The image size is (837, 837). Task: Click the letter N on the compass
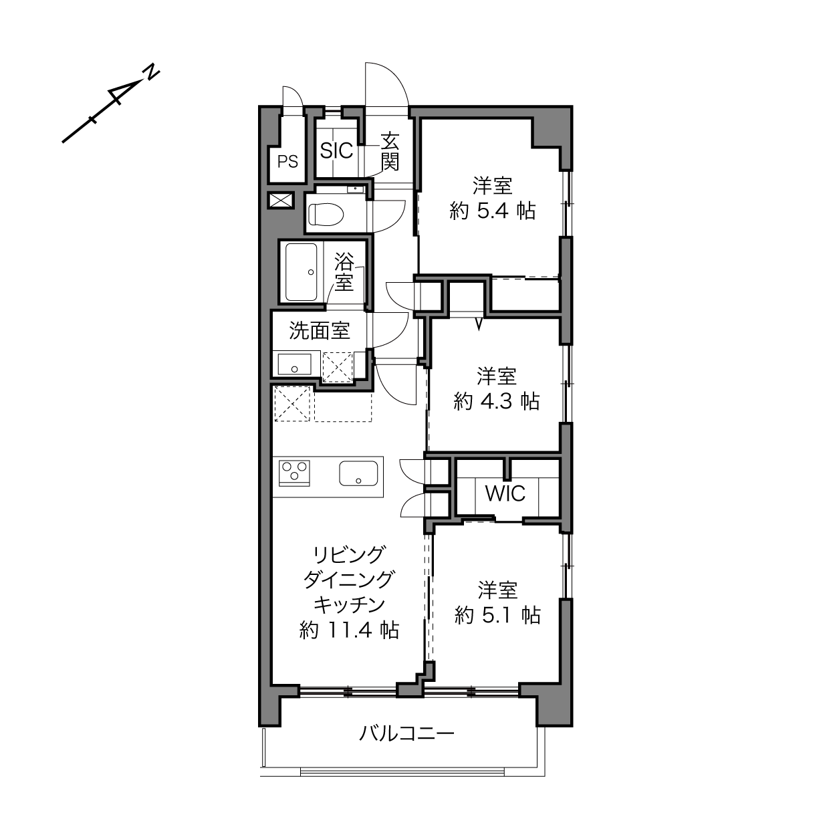(x=152, y=72)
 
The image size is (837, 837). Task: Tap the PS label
(x=287, y=162)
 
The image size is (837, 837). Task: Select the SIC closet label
(x=336, y=150)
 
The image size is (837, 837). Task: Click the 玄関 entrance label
(x=390, y=152)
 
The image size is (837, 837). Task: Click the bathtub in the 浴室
(x=301, y=271)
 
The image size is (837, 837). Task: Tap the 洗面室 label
(x=320, y=330)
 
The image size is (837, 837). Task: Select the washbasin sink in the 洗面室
(x=295, y=364)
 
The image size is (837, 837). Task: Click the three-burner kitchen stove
(x=295, y=473)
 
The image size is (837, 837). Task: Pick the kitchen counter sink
(x=358, y=473)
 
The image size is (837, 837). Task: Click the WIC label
(x=505, y=493)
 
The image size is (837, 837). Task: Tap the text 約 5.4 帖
(x=493, y=211)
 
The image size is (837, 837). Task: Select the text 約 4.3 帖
(x=497, y=401)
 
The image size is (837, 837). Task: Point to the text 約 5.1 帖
(x=497, y=615)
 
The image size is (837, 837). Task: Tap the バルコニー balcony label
(x=406, y=733)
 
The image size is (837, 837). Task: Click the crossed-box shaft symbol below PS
(x=281, y=200)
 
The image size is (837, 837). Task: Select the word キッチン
(x=349, y=604)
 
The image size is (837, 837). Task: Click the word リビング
(x=349, y=555)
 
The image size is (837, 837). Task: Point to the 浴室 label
(x=344, y=272)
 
